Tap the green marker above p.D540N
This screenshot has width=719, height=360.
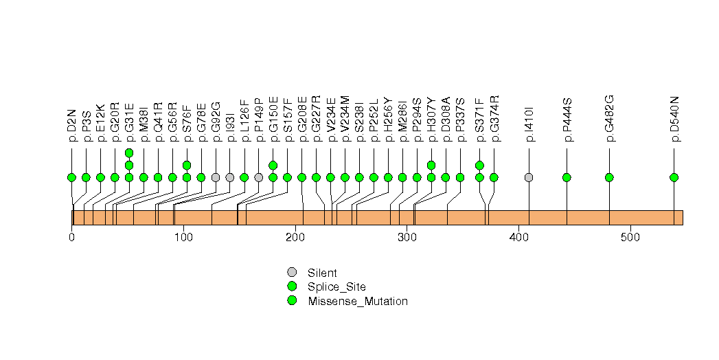674,177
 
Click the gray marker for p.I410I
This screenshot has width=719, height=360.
529,177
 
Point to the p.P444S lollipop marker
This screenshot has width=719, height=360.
567,177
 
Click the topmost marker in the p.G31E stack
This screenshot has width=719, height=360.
129,153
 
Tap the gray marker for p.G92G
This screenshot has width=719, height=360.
216,177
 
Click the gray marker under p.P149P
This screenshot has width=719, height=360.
259,177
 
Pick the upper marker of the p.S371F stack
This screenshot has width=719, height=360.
479,165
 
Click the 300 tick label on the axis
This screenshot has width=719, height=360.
407,238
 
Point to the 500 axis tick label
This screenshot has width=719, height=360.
630,238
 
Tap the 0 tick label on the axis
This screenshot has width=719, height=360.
72,238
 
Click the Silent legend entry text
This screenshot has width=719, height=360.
322,273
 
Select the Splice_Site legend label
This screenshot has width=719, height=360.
336,286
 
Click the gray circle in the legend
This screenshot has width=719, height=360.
292,272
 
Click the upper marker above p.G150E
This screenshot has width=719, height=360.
273,165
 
